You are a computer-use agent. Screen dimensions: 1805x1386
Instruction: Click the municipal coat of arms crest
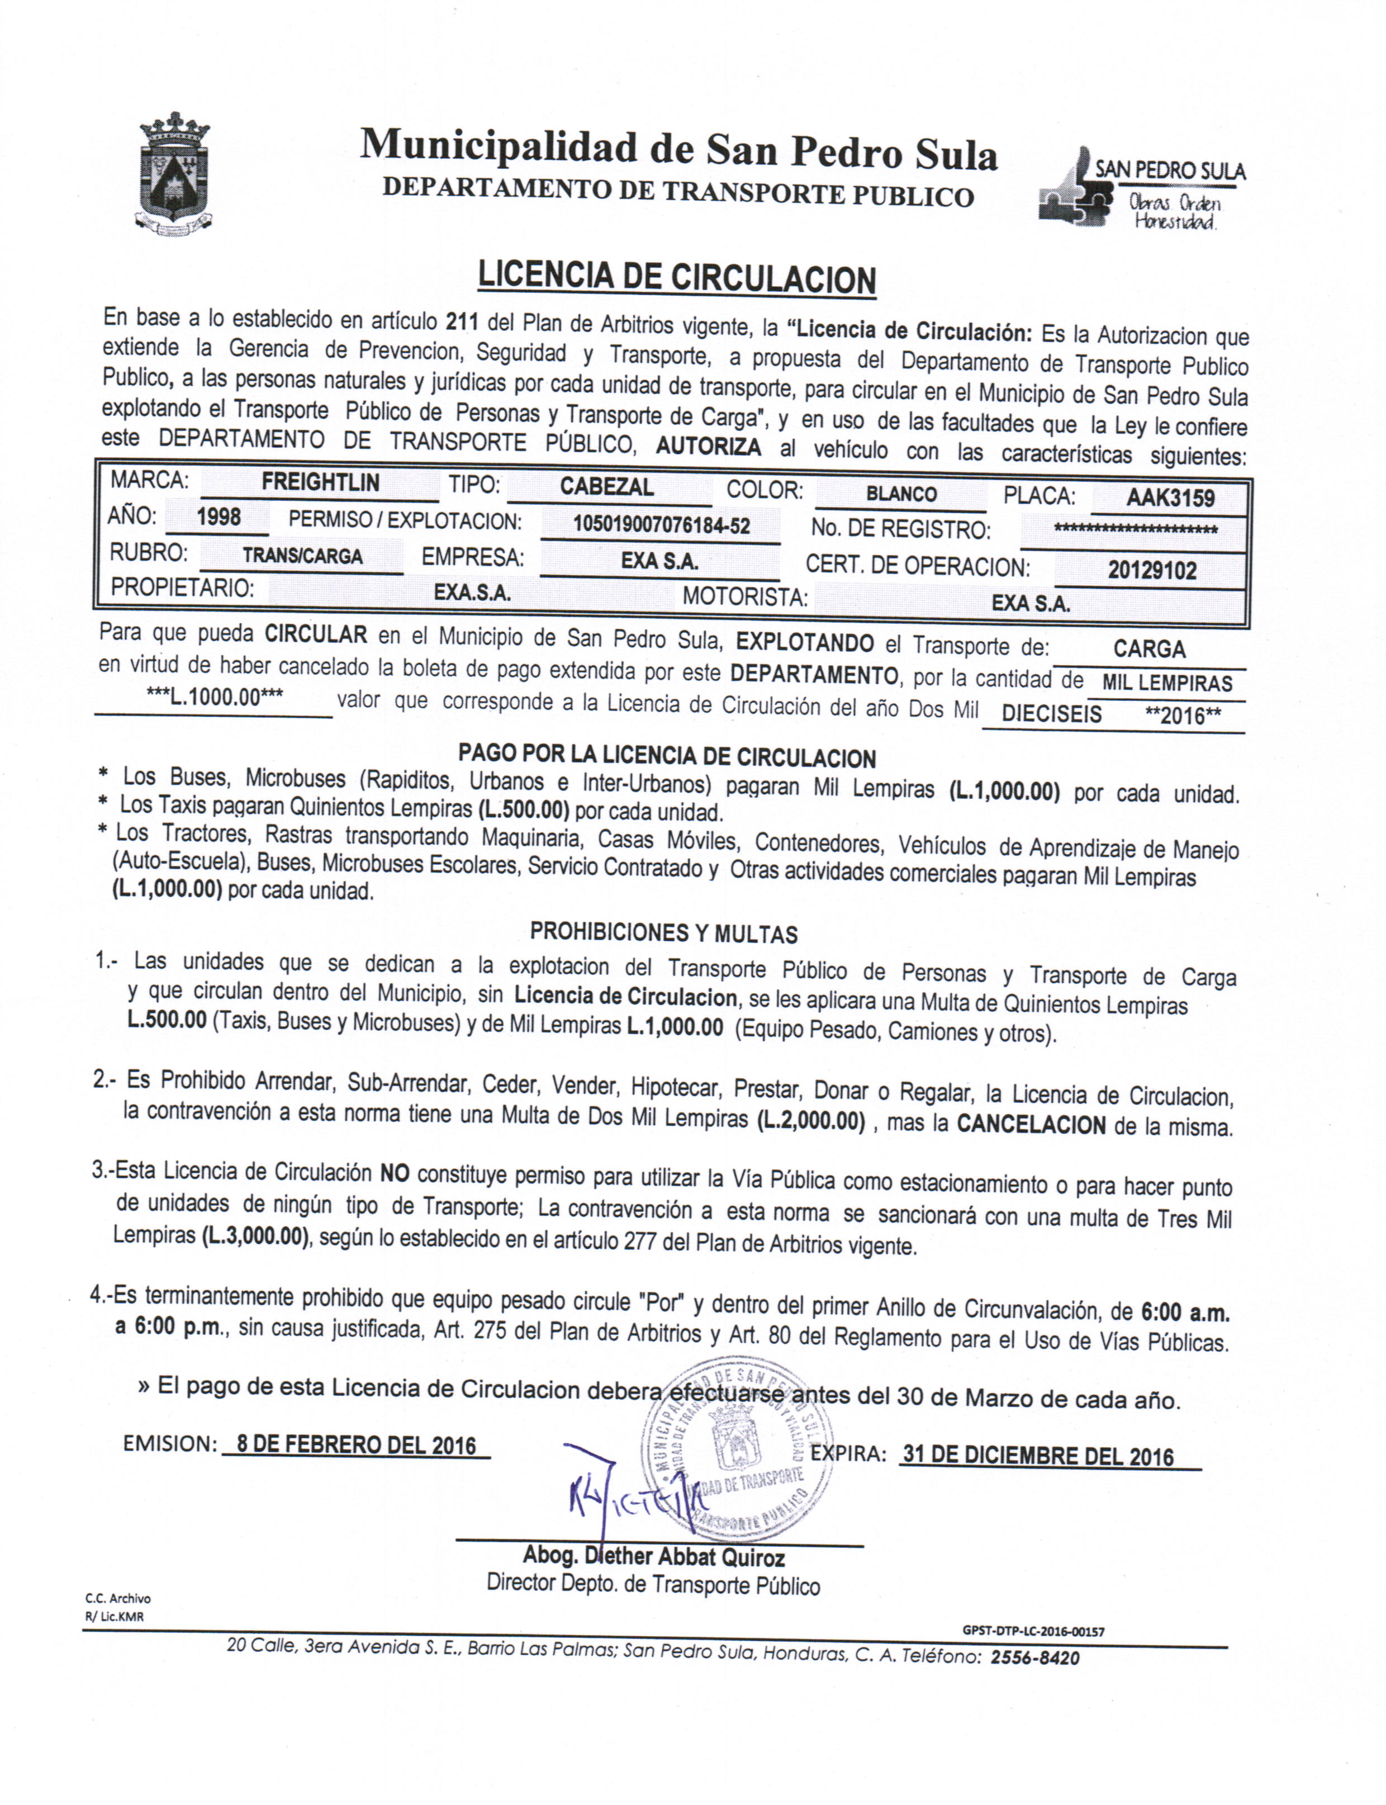[x=174, y=175]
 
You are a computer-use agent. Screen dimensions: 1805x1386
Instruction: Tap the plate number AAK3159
[x=1170, y=498]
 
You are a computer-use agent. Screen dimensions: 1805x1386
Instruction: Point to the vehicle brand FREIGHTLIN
[x=320, y=482]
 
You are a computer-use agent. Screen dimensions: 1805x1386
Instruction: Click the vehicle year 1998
[x=219, y=517]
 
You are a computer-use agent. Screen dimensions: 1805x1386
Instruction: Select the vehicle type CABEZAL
[x=606, y=487]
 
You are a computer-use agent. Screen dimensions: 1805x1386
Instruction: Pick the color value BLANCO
[x=901, y=494]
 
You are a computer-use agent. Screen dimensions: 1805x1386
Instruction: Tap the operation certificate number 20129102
[x=1152, y=570]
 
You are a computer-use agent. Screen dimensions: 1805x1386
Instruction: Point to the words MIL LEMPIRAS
[x=1166, y=683]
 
